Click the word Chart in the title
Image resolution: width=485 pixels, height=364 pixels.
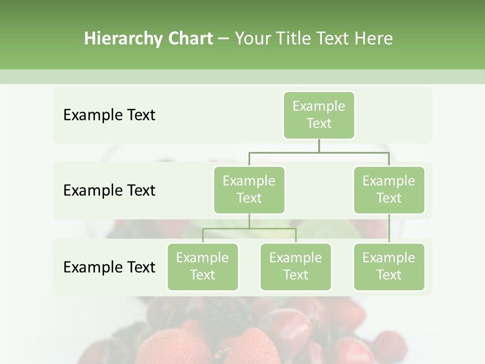[190, 38]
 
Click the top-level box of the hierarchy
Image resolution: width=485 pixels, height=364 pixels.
[319, 115]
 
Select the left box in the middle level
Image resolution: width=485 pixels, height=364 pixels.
[249, 190]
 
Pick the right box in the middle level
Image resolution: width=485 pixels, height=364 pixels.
[389, 190]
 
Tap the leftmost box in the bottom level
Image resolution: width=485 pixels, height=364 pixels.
[203, 267]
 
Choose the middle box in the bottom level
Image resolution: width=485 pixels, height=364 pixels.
[296, 267]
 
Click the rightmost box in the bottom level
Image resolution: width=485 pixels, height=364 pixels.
[389, 267]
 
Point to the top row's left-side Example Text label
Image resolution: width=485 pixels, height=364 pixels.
[109, 115]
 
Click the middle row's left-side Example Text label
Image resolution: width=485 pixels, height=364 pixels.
[109, 191]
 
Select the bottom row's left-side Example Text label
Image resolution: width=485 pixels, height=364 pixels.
[109, 267]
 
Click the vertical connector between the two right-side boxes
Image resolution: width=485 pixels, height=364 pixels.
[389, 229]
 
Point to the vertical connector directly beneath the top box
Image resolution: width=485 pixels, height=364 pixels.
[319, 146]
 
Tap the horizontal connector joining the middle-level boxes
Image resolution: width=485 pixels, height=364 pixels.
[319, 152]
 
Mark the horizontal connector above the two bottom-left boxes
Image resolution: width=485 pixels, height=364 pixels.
[249, 229]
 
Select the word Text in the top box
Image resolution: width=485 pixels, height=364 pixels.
[319, 123]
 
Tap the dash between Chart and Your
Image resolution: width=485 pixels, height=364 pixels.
[223, 38]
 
